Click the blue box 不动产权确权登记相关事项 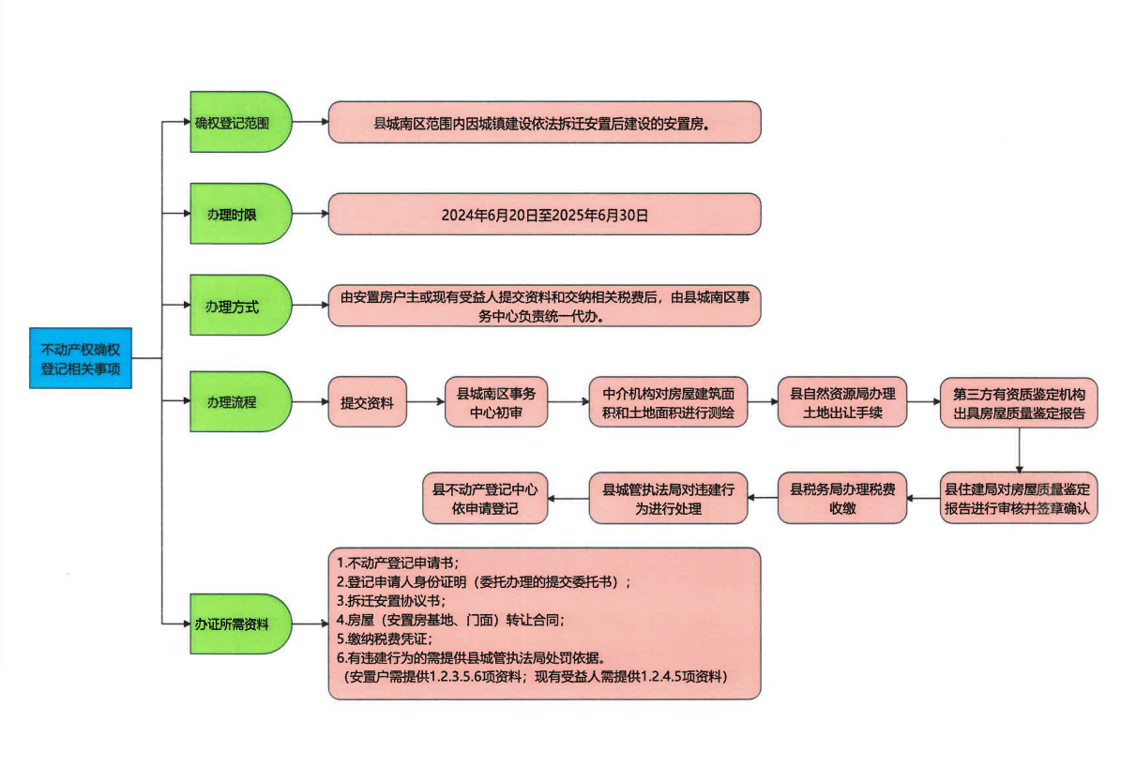tap(80, 358)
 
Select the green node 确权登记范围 tap(239, 122)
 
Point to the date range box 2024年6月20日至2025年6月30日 tap(544, 215)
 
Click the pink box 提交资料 tap(367, 403)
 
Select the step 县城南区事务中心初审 tap(496, 402)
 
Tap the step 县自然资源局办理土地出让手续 tap(841, 402)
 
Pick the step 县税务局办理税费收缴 tap(841, 497)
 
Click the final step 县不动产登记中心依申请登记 tap(484, 497)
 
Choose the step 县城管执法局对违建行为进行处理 tap(668, 497)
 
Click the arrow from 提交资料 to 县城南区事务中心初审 tap(425, 403)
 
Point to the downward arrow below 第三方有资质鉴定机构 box tap(1019, 450)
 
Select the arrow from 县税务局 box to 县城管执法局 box tap(763, 498)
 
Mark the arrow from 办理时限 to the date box tap(311, 214)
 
